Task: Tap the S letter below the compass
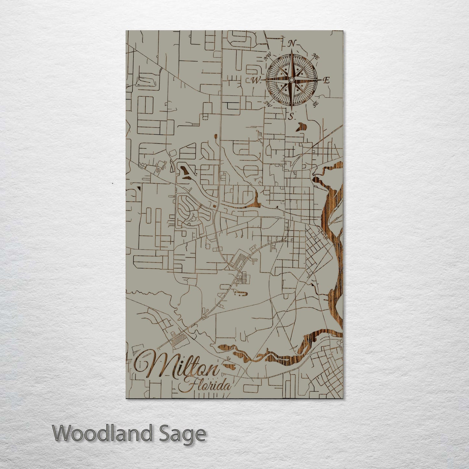coord(291,116)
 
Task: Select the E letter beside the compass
coord(327,80)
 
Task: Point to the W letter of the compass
coord(256,80)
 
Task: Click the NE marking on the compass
coord(315,56)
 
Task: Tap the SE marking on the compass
coord(315,104)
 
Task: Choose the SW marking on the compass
coord(268,104)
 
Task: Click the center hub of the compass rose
coord(291,80)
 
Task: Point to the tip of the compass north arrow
coord(291,50)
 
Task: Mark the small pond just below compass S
coord(302,127)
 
